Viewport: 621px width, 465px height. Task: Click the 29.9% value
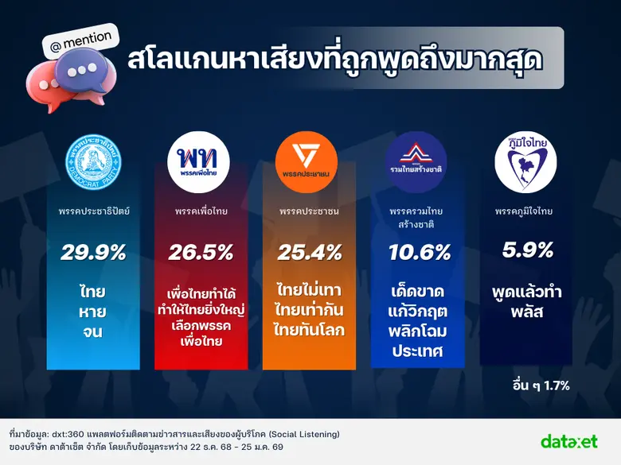tap(93, 253)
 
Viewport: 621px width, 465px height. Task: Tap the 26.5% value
tap(201, 253)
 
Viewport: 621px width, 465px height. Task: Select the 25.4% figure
tap(310, 253)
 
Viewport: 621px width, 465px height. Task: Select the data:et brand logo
tap(568, 440)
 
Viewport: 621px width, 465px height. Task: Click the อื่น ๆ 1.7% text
tap(541, 386)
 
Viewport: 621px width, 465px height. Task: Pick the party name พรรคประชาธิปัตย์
tap(93, 211)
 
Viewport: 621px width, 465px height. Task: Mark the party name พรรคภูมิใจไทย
tap(524, 211)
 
